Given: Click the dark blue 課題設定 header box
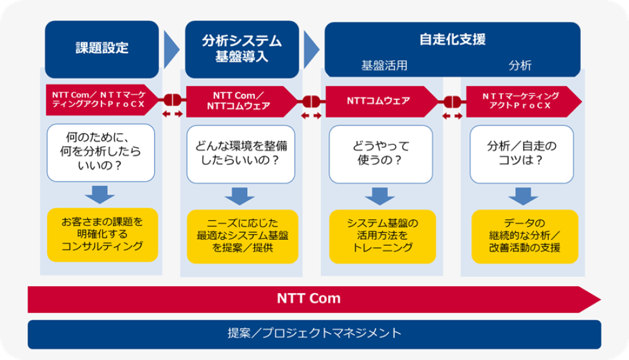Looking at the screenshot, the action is pyautogui.click(x=102, y=49).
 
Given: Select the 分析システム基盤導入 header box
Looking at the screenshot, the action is pyautogui.click(x=242, y=49).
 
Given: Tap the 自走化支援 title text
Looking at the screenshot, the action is pyautogui.click(x=452, y=39).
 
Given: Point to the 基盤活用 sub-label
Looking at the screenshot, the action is pyautogui.click(x=384, y=65).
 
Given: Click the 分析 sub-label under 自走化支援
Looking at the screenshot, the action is pyautogui.click(x=520, y=65).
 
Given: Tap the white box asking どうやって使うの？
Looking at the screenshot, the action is pyautogui.click(x=381, y=155).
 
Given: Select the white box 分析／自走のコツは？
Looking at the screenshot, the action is pyautogui.click(x=521, y=155).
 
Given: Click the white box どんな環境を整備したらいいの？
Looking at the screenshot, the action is pyautogui.click(x=241, y=155).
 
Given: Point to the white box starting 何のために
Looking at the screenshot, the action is pyautogui.click(x=101, y=153).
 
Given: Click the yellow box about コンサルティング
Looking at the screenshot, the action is pyautogui.click(x=102, y=235).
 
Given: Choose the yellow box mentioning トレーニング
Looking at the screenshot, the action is pyautogui.click(x=383, y=237).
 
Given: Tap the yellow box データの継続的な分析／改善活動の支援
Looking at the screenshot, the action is pyautogui.click(x=525, y=237).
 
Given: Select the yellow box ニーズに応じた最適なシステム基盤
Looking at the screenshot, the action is pyautogui.click(x=243, y=237).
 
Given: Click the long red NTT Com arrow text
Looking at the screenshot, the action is pyautogui.click(x=309, y=298).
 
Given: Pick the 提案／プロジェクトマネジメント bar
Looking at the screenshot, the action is pyautogui.click(x=314, y=334).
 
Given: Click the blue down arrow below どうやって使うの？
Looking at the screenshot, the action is pyautogui.click(x=380, y=196).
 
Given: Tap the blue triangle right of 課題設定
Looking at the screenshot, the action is pyautogui.click(x=171, y=49).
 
